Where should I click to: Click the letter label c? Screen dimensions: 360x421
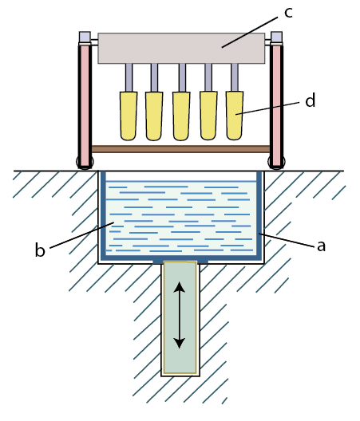point(288,13)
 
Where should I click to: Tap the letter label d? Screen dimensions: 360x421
point(310,100)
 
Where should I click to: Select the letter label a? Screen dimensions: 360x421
point(321,246)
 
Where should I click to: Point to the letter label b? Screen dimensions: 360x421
point(40,250)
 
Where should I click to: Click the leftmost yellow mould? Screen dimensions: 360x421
point(129,116)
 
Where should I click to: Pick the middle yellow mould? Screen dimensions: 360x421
point(181,116)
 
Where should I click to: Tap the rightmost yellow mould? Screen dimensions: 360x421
point(235,116)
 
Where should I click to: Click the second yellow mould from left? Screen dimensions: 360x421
point(154,116)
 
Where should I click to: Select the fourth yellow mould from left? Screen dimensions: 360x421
point(208,116)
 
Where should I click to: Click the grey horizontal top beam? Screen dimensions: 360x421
point(181,49)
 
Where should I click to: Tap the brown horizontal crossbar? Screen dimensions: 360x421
point(180,149)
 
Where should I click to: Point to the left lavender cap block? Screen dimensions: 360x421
point(85,37)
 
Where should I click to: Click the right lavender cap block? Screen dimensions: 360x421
point(277,37)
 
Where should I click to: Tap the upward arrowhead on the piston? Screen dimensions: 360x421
point(180,287)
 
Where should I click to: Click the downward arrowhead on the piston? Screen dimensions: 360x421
point(180,343)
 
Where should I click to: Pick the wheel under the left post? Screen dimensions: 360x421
point(85,162)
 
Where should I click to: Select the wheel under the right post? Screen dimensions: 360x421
point(277,162)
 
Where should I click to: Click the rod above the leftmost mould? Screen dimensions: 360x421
point(129,77)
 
